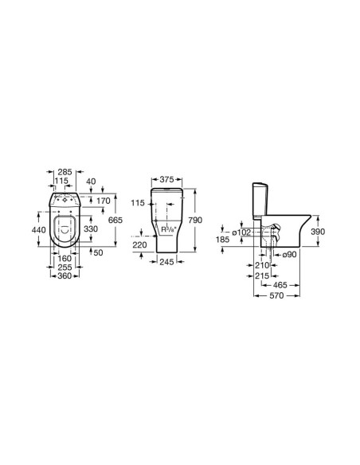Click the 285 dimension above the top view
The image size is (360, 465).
tap(65, 172)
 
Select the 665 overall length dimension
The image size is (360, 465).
tap(115, 220)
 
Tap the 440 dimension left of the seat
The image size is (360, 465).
tap(39, 229)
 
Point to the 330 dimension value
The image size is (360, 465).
tap(91, 229)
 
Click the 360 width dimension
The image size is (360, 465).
tap(65, 275)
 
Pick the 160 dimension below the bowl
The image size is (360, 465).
tap(65, 258)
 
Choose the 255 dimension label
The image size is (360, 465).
tap(65, 268)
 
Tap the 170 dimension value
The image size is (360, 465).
tap(104, 201)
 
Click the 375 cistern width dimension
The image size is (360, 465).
tap(167, 180)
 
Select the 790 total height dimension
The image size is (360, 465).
tap(195, 220)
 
